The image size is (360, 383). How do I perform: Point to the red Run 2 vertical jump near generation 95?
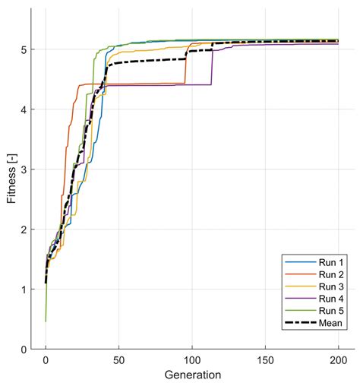tap(185, 65)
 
